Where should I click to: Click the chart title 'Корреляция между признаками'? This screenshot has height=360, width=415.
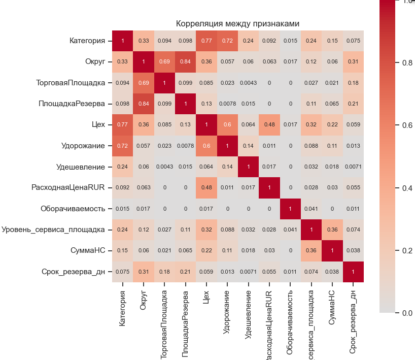[x=237, y=24]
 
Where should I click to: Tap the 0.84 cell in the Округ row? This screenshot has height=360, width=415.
[x=185, y=62]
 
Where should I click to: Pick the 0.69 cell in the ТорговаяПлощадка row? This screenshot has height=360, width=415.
[x=143, y=83]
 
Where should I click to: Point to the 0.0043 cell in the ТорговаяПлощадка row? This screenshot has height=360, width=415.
[x=248, y=83]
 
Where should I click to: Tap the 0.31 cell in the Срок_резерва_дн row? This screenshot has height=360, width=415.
[x=143, y=272]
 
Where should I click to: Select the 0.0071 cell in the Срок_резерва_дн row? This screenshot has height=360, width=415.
[x=248, y=272]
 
